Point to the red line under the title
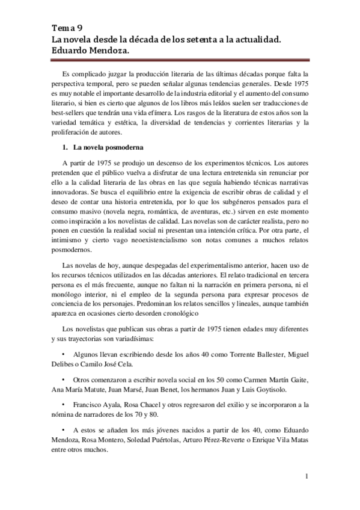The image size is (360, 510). pyautogui.click(x=180, y=60)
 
